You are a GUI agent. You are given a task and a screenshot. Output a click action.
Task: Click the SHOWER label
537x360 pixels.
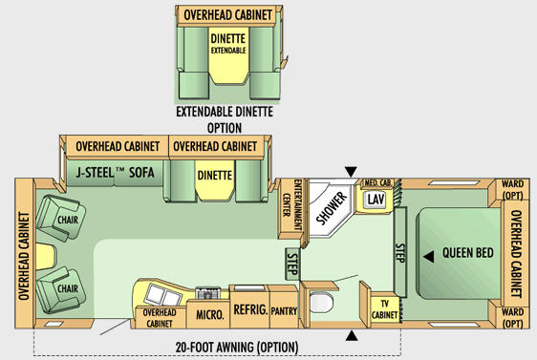332,208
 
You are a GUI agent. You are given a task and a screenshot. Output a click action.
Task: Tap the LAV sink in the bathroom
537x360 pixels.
376,200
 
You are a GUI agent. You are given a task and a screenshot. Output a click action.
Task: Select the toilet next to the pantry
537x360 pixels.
321,302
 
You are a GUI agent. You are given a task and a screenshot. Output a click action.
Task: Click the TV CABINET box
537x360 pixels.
385,309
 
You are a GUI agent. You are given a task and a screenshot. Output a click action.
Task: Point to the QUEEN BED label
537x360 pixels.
468,253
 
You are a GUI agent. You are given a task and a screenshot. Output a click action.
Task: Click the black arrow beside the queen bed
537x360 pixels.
429,257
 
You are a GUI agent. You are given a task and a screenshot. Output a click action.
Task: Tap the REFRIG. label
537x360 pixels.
250,309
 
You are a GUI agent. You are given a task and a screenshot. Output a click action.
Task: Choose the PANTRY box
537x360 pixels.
284,307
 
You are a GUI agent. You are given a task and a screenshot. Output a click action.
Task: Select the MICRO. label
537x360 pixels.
209,314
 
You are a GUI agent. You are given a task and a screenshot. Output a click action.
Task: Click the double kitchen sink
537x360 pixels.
163,295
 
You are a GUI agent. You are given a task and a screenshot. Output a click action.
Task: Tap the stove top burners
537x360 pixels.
208,293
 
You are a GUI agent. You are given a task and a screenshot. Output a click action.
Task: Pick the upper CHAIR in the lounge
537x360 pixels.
60,219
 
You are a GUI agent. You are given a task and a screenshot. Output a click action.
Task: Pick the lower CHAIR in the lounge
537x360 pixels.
60,290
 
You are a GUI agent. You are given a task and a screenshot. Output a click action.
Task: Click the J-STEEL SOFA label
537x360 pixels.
115,173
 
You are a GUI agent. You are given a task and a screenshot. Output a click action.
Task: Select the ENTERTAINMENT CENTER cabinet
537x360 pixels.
290,208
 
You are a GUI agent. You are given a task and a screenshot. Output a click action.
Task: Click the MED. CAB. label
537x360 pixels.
377,182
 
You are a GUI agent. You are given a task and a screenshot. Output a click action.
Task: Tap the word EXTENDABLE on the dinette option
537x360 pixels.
228,51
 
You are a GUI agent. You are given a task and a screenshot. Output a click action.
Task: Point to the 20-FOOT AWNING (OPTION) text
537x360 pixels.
237,348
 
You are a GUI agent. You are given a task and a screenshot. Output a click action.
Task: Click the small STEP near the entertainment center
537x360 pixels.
292,264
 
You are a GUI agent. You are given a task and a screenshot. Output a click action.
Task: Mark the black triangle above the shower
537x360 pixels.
351,172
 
